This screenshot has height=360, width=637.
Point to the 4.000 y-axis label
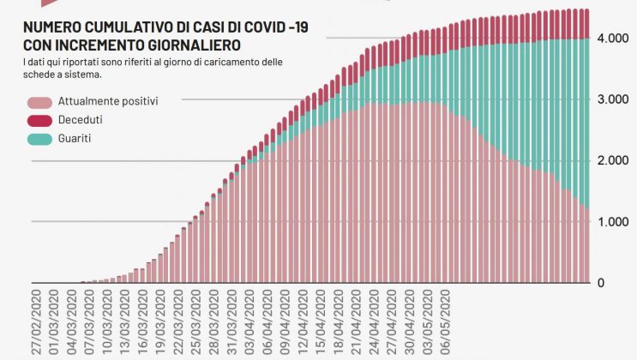(x=614, y=39)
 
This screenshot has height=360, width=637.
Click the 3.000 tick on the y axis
(x=614, y=99)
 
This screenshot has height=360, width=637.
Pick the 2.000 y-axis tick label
(x=614, y=160)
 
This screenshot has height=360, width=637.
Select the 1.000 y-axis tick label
(x=614, y=222)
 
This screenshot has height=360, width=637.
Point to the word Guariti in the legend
(x=75, y=137)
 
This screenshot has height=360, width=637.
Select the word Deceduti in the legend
(x=80, y=119)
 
